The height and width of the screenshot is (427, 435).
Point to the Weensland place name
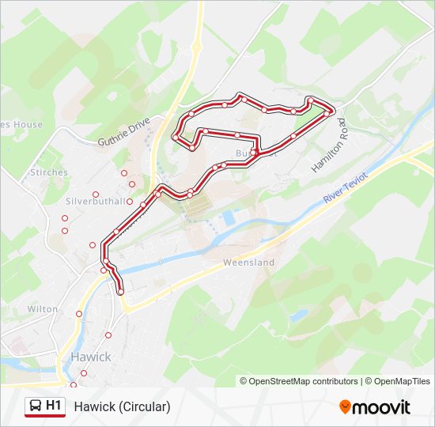[x=248, y=262]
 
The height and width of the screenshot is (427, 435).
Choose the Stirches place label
[x=49, y=171]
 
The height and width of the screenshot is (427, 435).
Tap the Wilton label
[x=43, y=309]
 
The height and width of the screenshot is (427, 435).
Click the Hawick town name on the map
[x=91, y=357]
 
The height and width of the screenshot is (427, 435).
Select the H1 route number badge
[x=54, y=406]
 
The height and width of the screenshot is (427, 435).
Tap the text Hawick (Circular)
[x=123, y=406]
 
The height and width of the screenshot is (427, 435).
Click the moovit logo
[x=375, y=406]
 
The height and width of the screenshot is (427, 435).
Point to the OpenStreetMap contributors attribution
[x=303, y=381]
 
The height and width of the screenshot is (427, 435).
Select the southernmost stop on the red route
[x=120, y=293]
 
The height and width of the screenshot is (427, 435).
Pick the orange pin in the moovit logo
[x=345, y=406]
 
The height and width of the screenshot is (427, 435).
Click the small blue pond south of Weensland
[x=297, y=315]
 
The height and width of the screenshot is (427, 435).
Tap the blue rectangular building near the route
[x=229, y=216]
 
